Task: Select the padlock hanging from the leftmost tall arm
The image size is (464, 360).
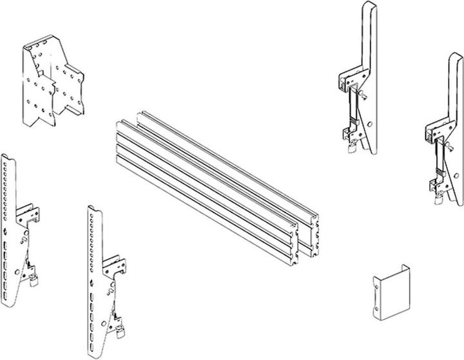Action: (351, 148)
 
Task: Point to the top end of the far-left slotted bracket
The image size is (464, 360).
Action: (6, 158)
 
